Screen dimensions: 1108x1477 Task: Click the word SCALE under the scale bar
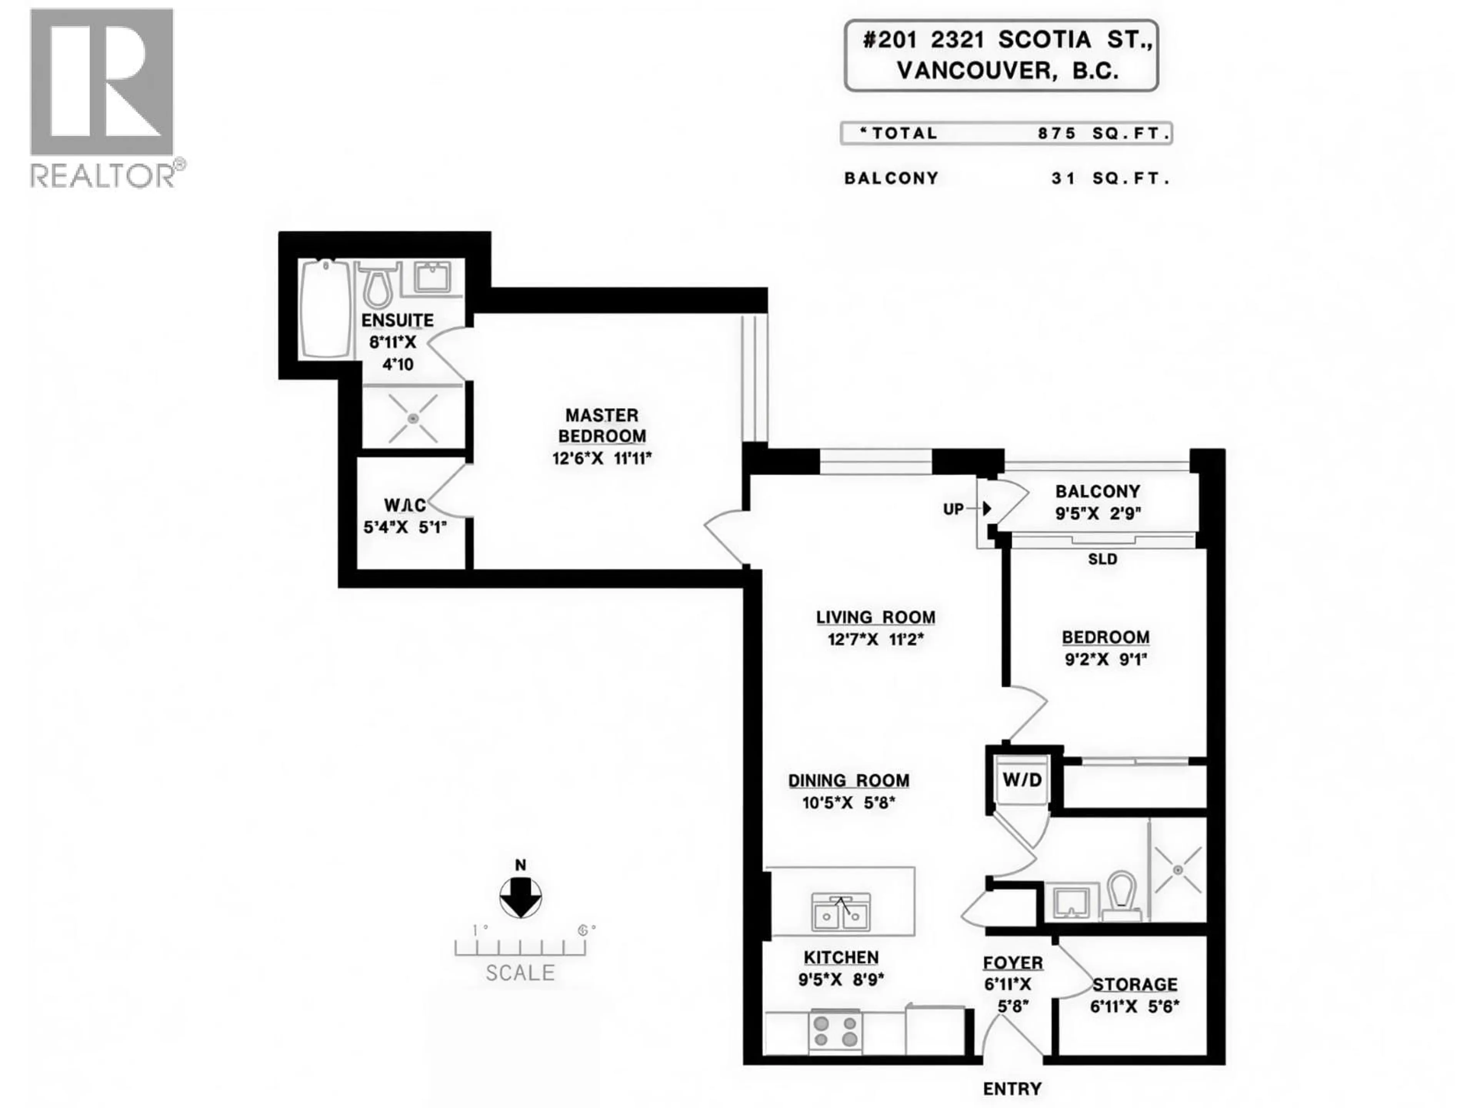pyautogui.click(x=520, y=973)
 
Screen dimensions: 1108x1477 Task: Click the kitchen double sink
pyautogui.click(x=841, y=912)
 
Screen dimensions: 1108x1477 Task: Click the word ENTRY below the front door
pyautogui.click(x=1012, y=1089)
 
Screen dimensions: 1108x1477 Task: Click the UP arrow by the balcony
pyautogui.click(x=986, y=509)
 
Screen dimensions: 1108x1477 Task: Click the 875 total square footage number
pyautogui.click(x=1057, y=133)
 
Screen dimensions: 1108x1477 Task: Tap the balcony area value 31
pyautogui.click(x=1063, y=179)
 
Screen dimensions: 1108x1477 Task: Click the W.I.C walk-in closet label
pyautogui.click(x=405, y=505)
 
